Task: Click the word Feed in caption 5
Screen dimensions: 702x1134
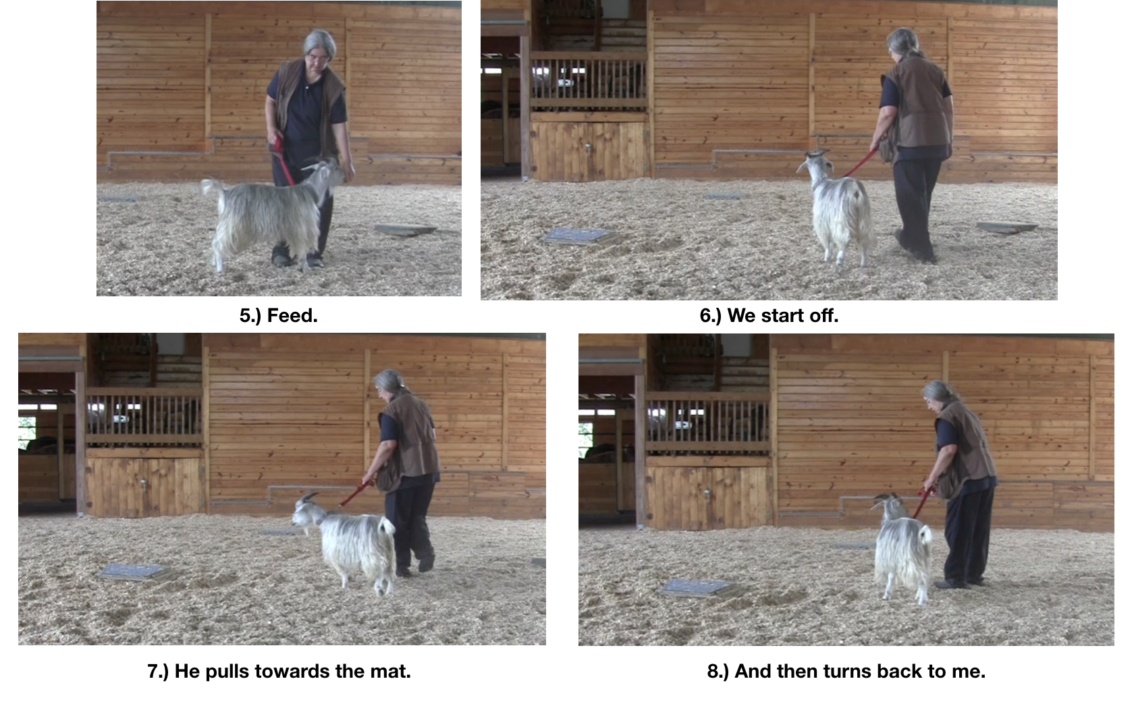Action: coord(292,316)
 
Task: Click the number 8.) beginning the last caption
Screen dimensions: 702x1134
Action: coord(718,672)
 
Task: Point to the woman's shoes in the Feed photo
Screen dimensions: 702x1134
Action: coord(297,260)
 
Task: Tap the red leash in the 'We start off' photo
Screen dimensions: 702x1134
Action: coord(861,163)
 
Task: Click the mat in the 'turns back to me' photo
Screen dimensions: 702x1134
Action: coord(697,587)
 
